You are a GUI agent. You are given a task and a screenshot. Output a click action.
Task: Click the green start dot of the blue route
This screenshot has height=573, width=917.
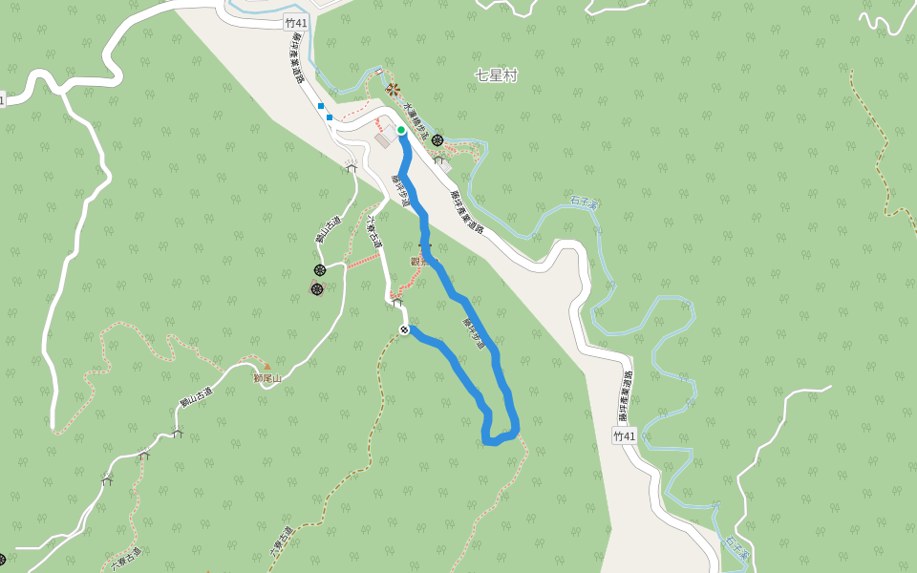(x=401, y=130)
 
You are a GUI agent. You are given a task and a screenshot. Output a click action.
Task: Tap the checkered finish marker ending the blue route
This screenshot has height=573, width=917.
(x=405, y=330)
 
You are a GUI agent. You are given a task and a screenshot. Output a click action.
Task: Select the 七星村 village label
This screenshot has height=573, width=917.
(x=495, y=75)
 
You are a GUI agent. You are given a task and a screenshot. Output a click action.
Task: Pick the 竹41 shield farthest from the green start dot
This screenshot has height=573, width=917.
(x=624, y=435)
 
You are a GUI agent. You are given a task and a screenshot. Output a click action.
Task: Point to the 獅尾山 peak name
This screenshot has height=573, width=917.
(x=269, y=378)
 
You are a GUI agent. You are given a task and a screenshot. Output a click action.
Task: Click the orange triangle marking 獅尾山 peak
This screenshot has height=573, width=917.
(x=267, y=366)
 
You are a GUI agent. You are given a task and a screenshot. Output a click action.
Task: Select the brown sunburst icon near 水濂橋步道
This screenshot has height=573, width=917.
(x=393, y=90)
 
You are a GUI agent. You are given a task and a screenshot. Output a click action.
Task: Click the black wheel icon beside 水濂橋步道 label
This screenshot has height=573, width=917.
(x=437, y=140)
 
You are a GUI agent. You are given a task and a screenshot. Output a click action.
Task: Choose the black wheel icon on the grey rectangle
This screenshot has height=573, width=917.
(x=317, y=288)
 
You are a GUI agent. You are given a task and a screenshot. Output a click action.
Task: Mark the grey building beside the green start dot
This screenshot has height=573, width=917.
(x=384, y=140)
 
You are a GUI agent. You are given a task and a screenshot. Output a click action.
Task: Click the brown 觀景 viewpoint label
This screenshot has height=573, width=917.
(x=421, y=261)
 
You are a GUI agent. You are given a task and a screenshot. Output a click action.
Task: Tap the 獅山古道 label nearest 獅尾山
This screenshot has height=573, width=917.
(x=195, y=389)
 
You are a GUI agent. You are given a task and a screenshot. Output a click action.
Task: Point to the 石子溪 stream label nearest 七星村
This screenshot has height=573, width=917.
(x=584, y=202)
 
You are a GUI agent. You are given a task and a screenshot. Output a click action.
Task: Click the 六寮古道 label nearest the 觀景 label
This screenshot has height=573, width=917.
(x=373, y=231)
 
